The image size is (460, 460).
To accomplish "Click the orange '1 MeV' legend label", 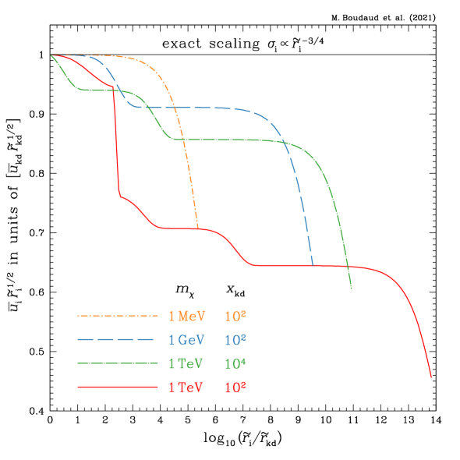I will (x=186, y=316).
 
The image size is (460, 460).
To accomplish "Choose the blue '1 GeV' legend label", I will (x=186, y=340).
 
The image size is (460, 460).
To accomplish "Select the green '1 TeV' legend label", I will (x=186, y=363).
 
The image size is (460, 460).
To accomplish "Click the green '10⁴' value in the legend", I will (x=235, y=363).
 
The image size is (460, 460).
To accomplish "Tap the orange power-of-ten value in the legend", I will (x=235, y=316).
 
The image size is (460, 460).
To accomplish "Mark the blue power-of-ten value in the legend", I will (x=235, y=340).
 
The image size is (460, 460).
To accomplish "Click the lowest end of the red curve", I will (x=430, y=377).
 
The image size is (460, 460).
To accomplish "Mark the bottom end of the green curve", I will (x=352, y=288).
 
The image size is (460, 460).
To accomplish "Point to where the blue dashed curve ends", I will (x=313, y=265).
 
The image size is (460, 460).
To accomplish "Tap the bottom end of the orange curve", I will (x=198, y=228).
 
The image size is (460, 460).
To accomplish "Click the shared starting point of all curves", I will (x=51, y=55).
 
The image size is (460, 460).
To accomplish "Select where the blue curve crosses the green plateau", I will (x=284, y=141).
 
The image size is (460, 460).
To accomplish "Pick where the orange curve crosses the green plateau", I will (x=182, y=139).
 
